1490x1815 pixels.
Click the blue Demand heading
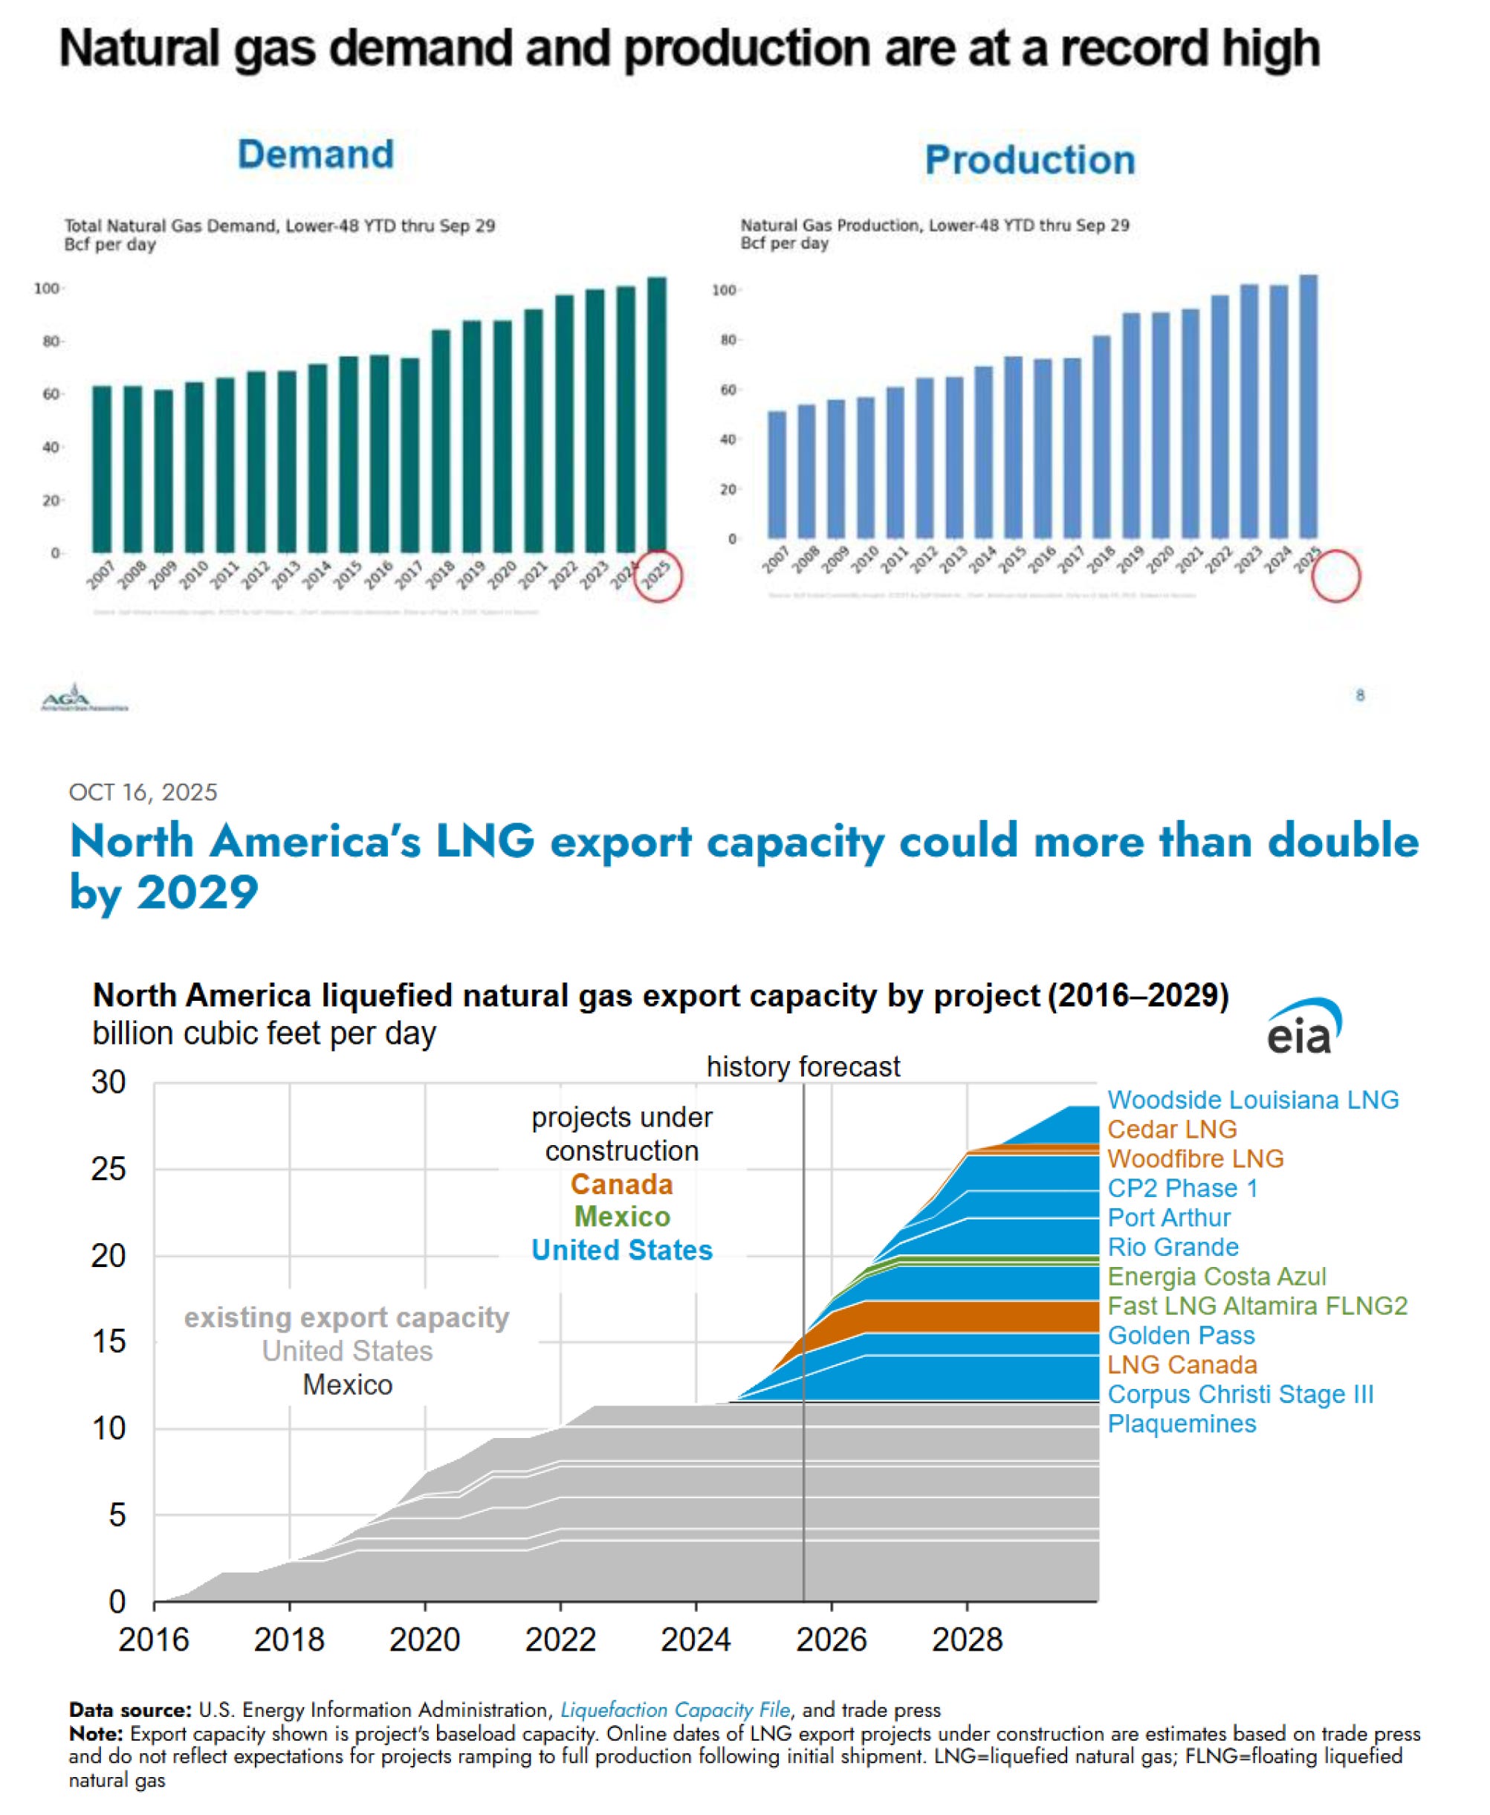(316, 155)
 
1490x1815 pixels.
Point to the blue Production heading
(1029, 160)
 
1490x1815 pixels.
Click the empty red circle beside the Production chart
(1335, 576)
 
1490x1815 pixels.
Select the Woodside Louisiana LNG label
(1252, 1100)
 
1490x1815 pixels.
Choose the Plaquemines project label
(1181, 1423)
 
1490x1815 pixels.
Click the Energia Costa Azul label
(1217, 1277)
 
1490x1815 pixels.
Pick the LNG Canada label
(1181, 1365)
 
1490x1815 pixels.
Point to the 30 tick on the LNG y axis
(109, 1083)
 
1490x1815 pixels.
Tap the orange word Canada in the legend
(621, 1184)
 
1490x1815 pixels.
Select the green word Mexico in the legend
(621, 1216)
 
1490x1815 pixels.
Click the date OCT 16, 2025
(143, 792)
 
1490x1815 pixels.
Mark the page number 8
(1359, 695)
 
